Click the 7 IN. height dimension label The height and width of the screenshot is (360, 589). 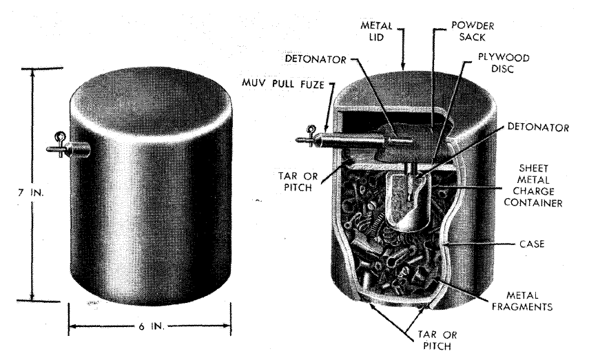tap(30, 193)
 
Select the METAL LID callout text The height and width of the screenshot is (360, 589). tap(376, 32)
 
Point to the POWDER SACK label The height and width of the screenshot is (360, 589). tap(473, 32)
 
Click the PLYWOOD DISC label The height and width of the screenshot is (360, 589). tap(504, 63)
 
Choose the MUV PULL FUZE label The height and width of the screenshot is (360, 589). tap(283, 84)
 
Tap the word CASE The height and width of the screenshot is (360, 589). tap(532, 244)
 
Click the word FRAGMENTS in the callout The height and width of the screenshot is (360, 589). tap(522, 307)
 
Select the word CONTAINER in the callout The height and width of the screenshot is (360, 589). tap(533, 202)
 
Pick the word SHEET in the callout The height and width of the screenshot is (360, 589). tap(533, 168)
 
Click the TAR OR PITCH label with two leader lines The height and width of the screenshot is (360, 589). tap(437, 340)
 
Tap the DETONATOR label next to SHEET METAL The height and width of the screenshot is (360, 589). tap(538, 127)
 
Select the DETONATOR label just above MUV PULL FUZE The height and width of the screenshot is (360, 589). tap(316, 59)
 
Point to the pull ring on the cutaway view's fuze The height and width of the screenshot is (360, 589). tap(311, 130)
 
